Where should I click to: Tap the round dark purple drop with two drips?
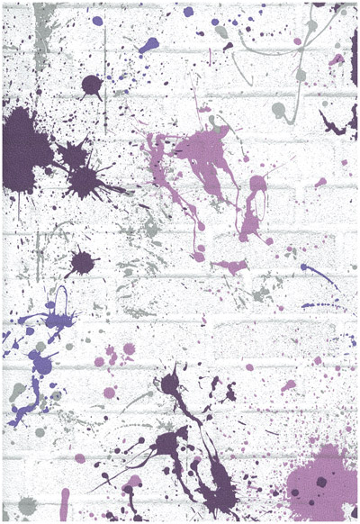tap(91, 86)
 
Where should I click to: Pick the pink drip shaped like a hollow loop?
tap(255, 203)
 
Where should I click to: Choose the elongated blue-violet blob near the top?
tap(149, 42)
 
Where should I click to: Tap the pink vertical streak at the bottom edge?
tap(64, 504)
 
